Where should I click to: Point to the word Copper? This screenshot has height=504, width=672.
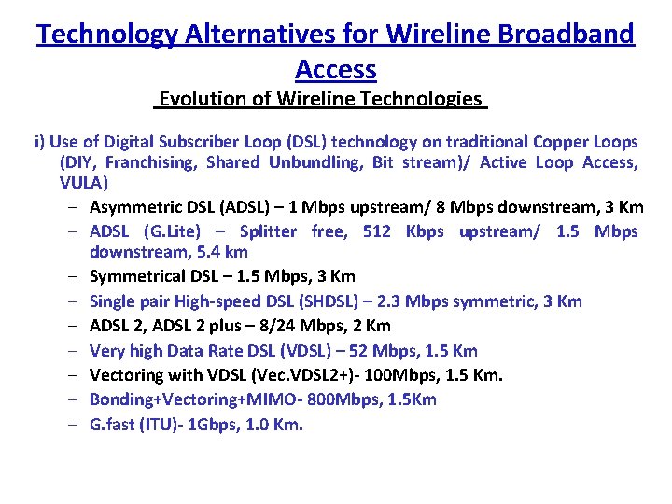560,142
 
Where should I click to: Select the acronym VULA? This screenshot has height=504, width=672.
83,183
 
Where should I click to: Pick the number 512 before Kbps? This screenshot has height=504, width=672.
377,231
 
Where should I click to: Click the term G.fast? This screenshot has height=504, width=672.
112,425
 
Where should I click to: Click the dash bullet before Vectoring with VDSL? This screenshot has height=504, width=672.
72,375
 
